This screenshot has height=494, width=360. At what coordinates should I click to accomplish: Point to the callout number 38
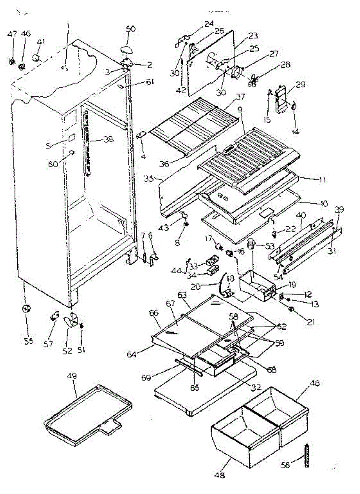pyautogui.click(x=108, y=139)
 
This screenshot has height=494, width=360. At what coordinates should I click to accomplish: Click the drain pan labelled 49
pyautogui.click(x=88, y=416)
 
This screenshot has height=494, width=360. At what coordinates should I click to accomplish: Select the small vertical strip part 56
pyautogui.click(x=307, y=456)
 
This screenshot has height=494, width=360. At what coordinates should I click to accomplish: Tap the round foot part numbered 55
pyautogui.click(x=27, y=309)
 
